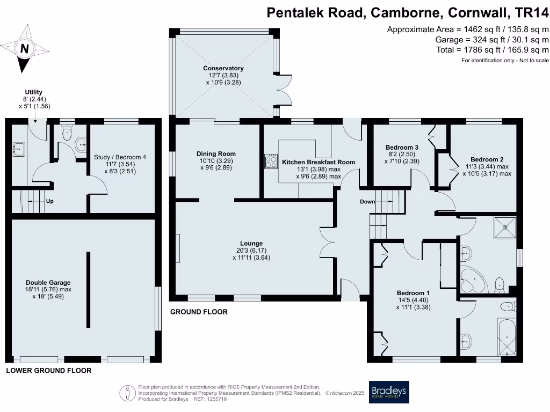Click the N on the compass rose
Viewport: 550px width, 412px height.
[x=24, y=49]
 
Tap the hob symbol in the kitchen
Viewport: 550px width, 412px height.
[x=270, y=161]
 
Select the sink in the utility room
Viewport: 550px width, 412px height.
[x=18, y=148]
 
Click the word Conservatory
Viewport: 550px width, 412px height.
[x=223, y=68]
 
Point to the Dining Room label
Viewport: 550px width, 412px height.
[x=215, y=153]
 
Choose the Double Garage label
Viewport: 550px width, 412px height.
[x=48, y=282]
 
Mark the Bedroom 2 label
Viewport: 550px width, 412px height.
[x=487, y=159]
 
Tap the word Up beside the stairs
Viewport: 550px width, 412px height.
[x=49, y=202]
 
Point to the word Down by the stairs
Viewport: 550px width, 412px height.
[x=368, y=202]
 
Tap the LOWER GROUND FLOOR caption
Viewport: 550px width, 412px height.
[x=48, y=371]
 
